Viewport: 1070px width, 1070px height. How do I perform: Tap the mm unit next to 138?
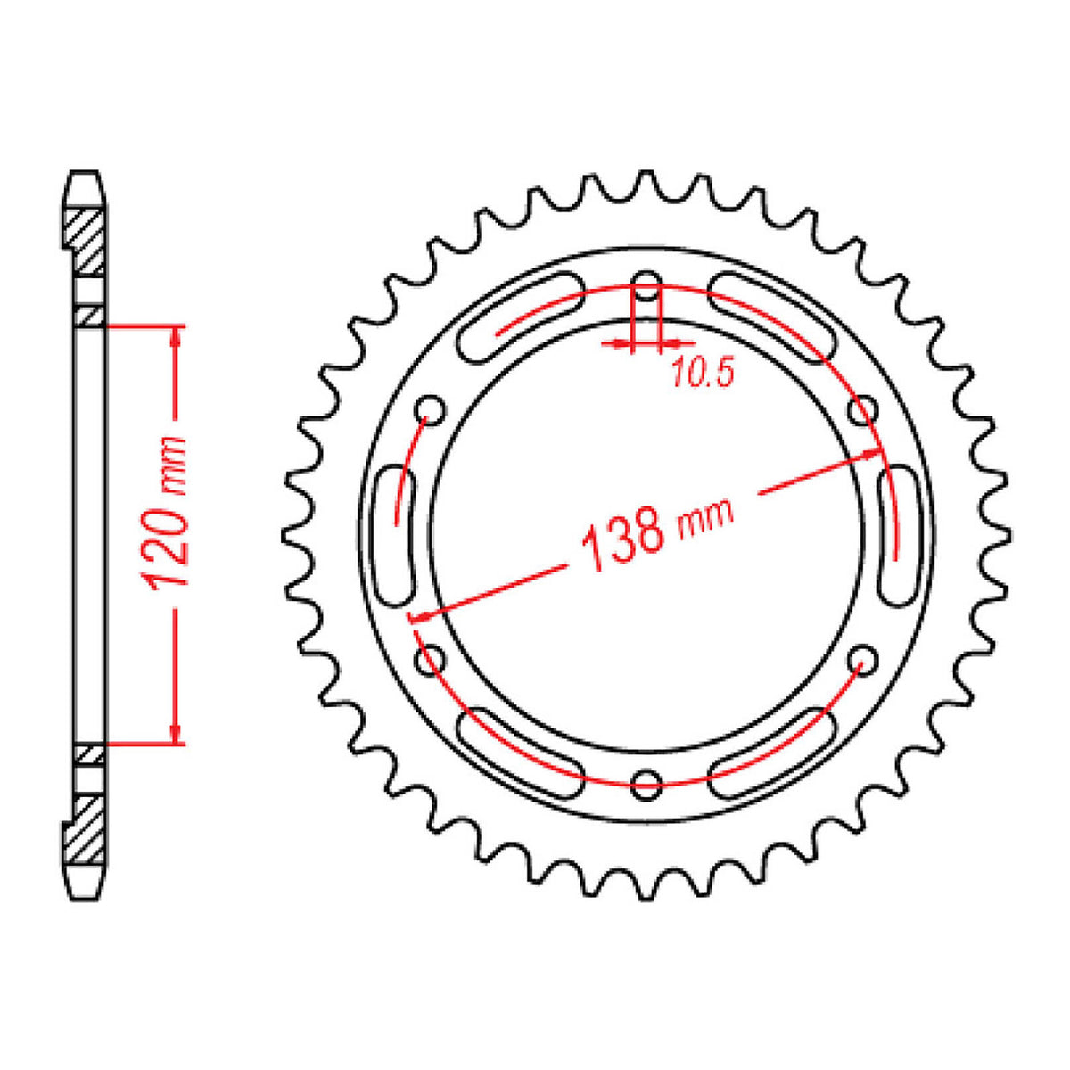coord(705,516)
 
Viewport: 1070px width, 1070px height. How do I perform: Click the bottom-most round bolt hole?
coord(646,783)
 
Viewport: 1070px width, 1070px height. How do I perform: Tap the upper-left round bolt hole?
coord(432,411)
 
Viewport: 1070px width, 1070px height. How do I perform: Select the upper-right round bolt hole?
coord(862,411)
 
